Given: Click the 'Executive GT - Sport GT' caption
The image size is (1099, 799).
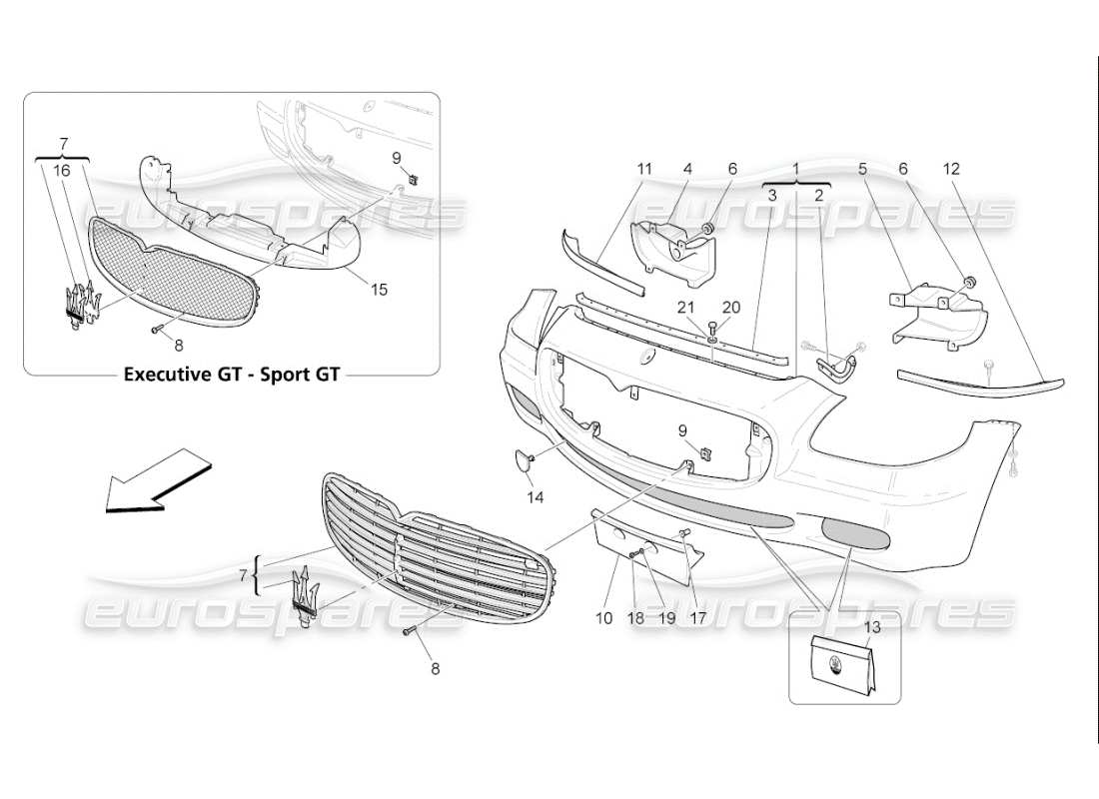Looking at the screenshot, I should (231, 376).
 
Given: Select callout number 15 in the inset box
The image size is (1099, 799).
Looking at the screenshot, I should (379, 290).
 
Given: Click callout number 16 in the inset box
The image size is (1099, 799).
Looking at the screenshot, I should (62, 172).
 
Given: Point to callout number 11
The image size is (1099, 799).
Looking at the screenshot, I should (644, 169).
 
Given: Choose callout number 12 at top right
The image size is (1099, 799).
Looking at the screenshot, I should (950, 169).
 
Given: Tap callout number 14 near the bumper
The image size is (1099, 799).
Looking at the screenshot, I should (536, 495).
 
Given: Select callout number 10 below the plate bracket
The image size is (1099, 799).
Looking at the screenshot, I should (603, 618).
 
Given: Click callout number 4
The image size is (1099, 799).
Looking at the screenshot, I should (687, 169).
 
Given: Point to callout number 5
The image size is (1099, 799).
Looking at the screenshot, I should (863, 169).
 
